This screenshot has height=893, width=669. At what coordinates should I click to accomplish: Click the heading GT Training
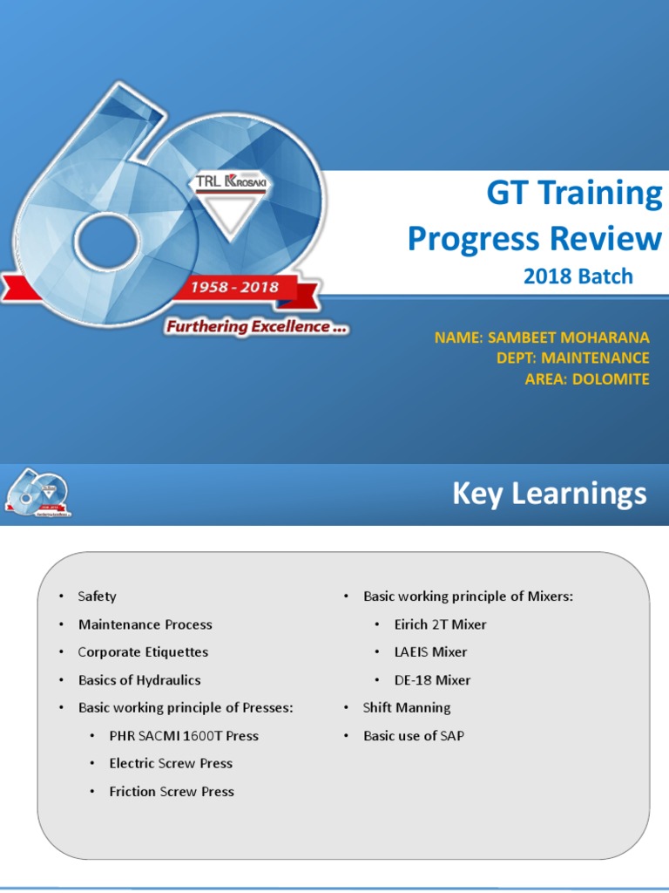point(574,194)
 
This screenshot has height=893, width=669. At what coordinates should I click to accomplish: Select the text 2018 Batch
point(578,276)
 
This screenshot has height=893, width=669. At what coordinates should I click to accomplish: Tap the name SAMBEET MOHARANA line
point(542,337)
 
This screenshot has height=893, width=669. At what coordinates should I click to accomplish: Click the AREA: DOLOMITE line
point(586,378)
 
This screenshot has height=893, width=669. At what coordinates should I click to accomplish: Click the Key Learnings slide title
point(549,494)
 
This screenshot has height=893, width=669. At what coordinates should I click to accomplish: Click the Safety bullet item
point(97,596)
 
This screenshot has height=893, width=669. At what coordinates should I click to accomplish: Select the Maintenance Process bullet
point(145,624)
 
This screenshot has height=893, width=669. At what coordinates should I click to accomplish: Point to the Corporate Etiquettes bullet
point(143,652)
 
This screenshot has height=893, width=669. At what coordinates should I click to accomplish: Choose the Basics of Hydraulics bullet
point(139,680)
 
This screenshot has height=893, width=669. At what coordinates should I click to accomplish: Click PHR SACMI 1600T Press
point(183,736)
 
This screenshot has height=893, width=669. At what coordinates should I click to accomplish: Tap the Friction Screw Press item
point(171,792)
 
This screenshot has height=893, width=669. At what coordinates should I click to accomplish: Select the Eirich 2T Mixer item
point(440,624)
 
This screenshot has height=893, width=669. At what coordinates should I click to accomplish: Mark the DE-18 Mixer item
point(432,680)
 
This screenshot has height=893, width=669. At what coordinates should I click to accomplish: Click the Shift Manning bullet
point(406,708)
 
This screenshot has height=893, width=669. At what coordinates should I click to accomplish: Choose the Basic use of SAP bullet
point(413,736)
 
